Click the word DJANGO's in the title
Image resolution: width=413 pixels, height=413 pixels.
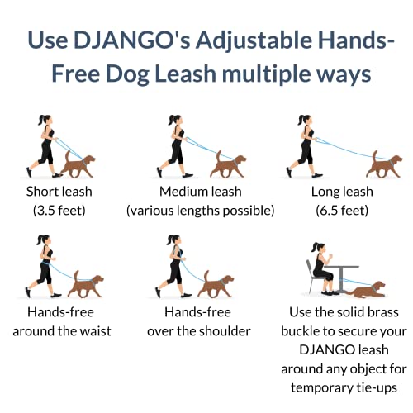coord(132,40)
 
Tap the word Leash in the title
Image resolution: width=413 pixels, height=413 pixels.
coord(186,74)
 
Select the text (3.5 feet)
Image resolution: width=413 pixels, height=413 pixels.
coord(59,211)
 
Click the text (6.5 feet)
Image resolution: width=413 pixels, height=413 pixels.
coord(342,211)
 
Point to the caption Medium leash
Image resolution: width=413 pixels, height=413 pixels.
coord(201,192)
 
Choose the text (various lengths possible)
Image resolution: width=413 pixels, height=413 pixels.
coord(201,211)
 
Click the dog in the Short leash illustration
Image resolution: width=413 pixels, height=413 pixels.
coord(78,164)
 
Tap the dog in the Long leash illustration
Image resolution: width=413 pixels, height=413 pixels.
coord(384,164)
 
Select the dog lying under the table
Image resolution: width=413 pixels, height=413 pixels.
coord(366,290)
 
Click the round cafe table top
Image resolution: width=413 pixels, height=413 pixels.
coord(342,267)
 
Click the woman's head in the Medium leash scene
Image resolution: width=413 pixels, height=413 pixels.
coord(175,120)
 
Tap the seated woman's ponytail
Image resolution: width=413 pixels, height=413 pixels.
coord(314,248)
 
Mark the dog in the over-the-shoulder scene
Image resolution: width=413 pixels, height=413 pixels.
coord(216,285)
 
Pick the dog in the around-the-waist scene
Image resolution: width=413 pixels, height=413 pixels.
coord(86,285)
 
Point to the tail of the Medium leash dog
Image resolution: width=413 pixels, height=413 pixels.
coord(218,157)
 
